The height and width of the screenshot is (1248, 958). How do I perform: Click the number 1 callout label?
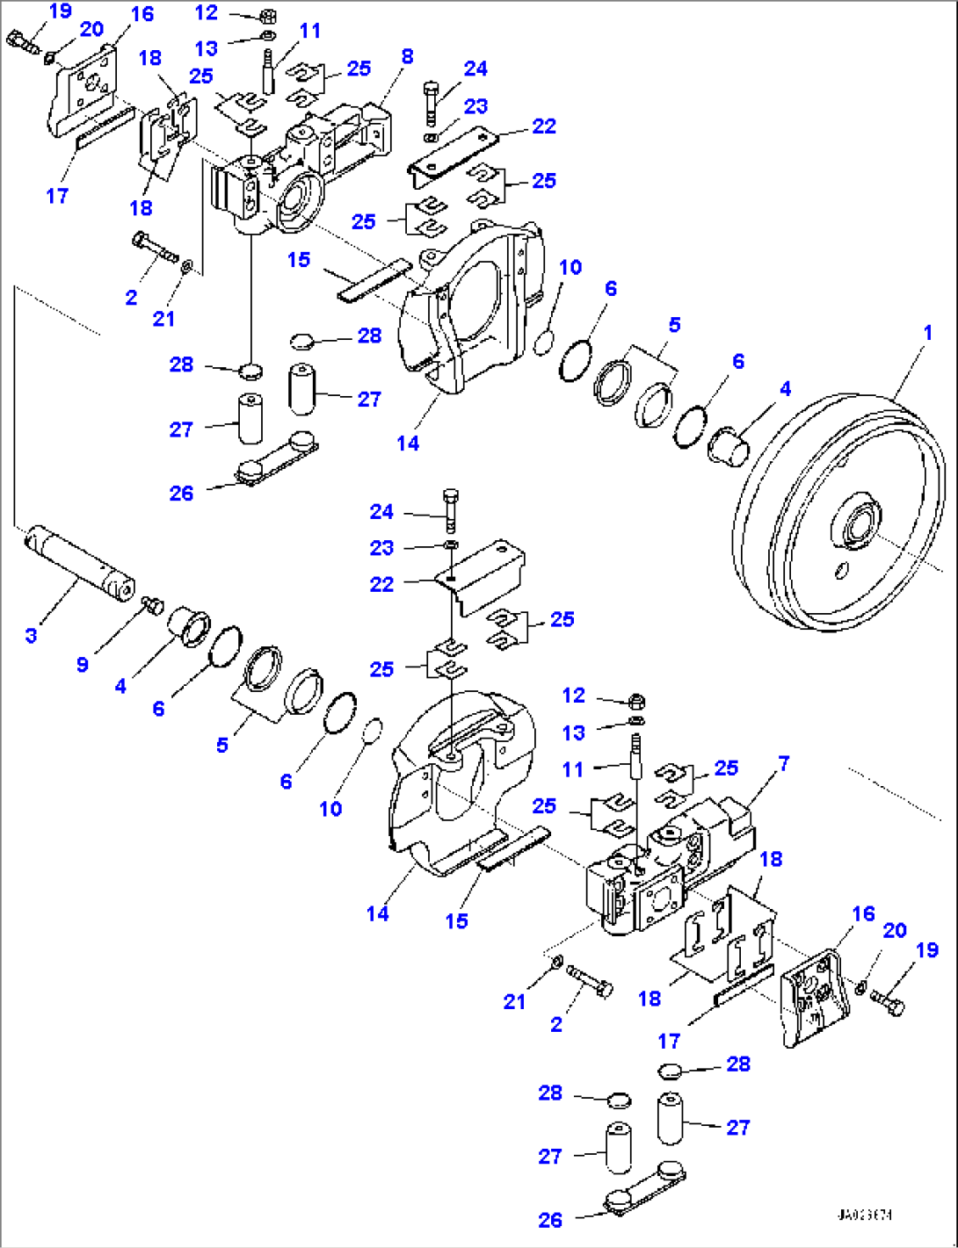pyautogui.click(x=926, y=334)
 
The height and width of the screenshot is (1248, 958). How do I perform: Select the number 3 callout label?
pyautogui.click(x=31, y=634)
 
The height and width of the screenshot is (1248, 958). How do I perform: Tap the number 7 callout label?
pyautogui.click(x=783, y=764)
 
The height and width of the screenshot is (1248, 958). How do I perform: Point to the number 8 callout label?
pyautogui.click(x=406, y=56)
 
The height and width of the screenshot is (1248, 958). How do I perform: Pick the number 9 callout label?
pyautogui.click(x=82, y=664)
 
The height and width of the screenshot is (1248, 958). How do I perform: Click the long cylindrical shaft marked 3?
pyautogui.click(x=79, y=559)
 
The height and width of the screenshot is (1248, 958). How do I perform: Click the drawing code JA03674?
pyautogui.click(x=864, y=1216)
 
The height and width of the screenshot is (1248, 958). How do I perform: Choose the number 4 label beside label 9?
pyautogui.click(x=120, y=685)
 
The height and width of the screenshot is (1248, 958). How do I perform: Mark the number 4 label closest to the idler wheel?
pyautogui.click(x=785, y=387)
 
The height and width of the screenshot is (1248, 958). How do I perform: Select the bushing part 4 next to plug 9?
pyautogui.click(x=189, y=625)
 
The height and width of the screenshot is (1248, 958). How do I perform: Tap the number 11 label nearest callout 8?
pyautogui.click(x=310, y=31)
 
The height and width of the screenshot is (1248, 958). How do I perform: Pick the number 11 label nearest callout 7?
pyautogui.click(x=572, y=769)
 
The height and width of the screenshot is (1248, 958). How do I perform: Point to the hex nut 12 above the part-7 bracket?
pyautogui.click(x=637, y=701)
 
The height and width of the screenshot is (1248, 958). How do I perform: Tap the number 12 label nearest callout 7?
pyautogui.click(x=573, y=696)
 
